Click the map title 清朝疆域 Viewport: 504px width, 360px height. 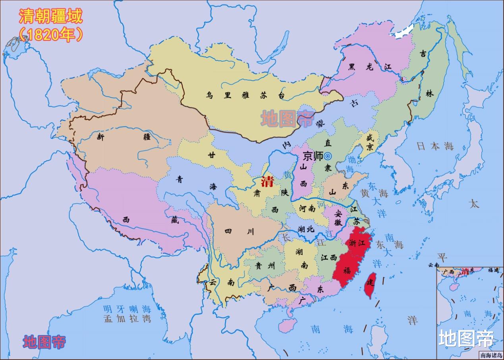pyautogui.click(x=50, y=17)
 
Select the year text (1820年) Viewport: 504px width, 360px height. pyautogui.click(x=50, y=35)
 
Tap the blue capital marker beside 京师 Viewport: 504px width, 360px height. pyautogui.click(x=328, y=156)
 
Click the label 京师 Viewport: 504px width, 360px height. pyautogui.click(x=313, y=156)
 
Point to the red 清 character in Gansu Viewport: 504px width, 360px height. pyautogui.click(x=266, y=182)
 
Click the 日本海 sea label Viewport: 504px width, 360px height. pyautogui.click(x=435, y=146)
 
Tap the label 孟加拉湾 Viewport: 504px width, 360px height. pyautogui.click(x=127, y=319)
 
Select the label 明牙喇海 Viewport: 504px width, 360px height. pyautogui.click(x=127, y=309)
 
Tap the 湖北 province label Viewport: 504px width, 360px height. pyautogui.click(x=306, y=228)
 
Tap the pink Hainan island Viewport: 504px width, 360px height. pyautogui.click(x=286, y=325)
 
